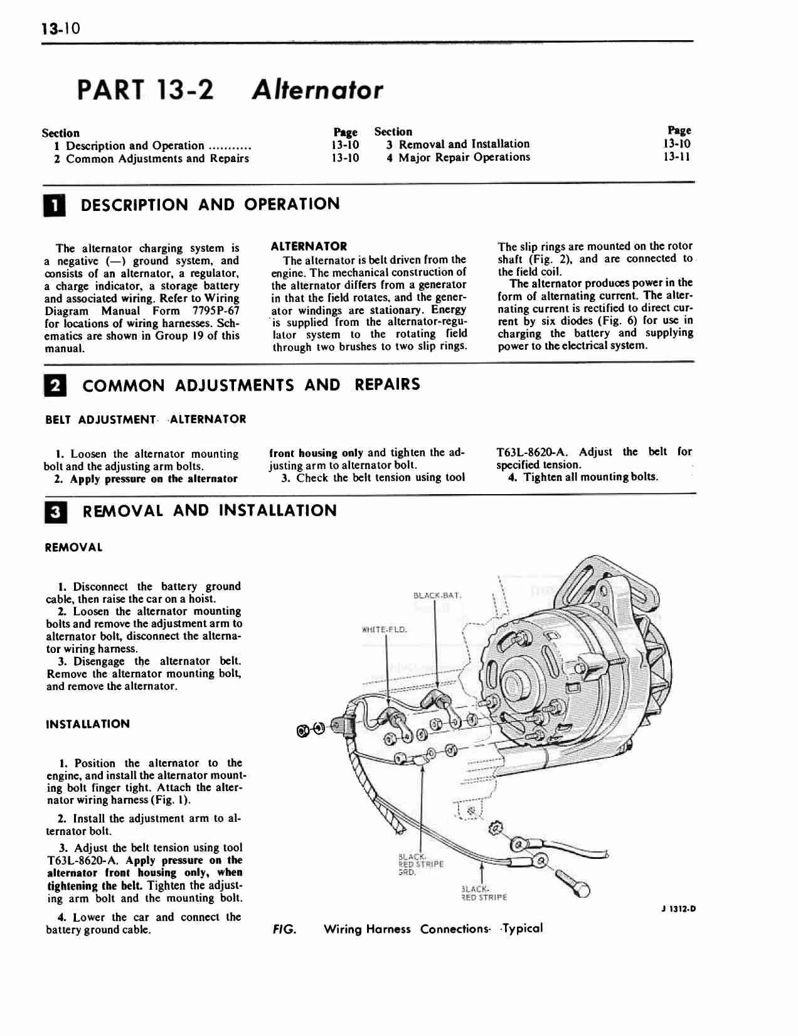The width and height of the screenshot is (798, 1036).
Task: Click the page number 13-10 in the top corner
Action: point(61,29)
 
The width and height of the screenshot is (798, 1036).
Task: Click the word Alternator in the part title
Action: point(317,90)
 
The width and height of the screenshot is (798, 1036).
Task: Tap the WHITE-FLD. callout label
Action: point(385,629)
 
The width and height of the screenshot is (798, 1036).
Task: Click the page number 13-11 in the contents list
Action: point(677,157)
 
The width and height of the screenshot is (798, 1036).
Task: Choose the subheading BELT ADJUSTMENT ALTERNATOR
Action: point(146,419)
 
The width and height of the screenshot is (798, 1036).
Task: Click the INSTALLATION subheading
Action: point(88,724)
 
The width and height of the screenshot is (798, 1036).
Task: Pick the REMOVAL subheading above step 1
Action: point(74,548)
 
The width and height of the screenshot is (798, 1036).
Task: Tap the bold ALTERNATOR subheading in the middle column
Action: point(309,247)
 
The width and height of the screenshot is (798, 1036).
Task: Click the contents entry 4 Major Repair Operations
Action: point(459,157)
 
